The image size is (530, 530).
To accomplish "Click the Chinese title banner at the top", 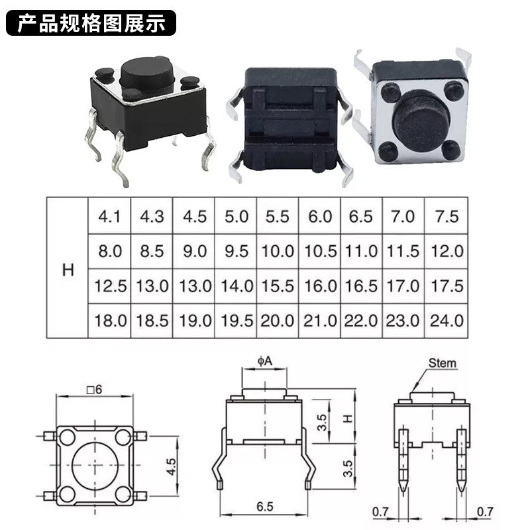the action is pos(91,23).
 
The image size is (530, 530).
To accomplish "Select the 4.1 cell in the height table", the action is pos(109,217).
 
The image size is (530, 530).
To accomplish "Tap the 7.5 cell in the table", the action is pos(447,217).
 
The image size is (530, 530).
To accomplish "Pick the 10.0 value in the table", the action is pos(278,251).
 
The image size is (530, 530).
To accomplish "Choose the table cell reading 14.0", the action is pos(237,286).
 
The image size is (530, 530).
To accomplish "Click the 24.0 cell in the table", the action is pos(447,321).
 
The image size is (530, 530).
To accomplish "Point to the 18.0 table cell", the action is pos(110,321).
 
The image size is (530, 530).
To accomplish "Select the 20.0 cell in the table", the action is pos(277,321).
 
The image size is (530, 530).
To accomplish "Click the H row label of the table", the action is pos(68,270).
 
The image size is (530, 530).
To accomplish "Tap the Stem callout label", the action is pos(442,363).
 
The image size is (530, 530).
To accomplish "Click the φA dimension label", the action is pos(264,361).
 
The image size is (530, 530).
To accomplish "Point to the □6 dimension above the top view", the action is pos(94,390).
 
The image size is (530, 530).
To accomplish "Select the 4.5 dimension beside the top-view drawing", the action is pos(171,467).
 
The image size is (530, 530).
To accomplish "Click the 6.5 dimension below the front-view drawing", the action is pos(264,507).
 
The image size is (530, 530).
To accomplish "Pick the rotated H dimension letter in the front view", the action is pos(348,419).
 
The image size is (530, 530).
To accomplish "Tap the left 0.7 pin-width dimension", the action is pos(380,511).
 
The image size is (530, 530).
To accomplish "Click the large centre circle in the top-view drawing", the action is pos(95,465).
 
